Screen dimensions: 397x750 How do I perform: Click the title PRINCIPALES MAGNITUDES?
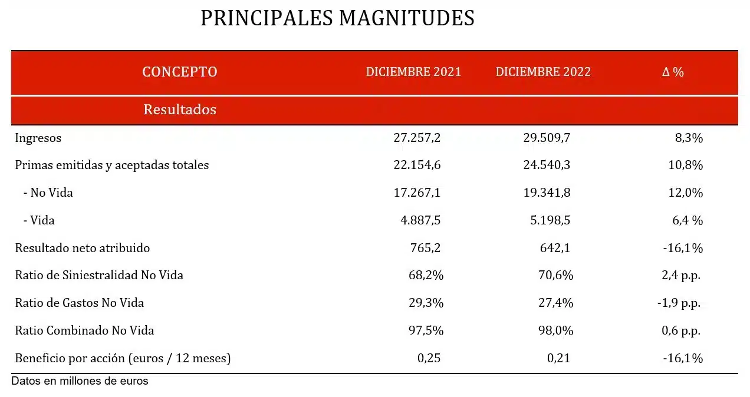337,18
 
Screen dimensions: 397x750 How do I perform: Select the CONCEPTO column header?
180,72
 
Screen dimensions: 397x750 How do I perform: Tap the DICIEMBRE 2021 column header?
413,72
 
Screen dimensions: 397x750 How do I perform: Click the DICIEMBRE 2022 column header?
543,72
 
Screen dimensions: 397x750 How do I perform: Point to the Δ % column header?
673,72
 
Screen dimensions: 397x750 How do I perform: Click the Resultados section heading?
180,110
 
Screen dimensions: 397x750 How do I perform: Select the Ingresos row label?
38,138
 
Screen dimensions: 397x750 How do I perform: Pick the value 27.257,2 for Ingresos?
417,138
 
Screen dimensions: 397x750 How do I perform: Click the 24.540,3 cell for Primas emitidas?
547,166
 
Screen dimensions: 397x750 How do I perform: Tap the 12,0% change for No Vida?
685,193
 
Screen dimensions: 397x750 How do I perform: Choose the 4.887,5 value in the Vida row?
420,220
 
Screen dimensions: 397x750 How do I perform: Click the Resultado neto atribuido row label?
83,248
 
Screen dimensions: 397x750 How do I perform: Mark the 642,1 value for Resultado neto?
555,248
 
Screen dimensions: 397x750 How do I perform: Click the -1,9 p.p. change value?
679,303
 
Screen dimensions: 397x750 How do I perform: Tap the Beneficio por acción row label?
123,358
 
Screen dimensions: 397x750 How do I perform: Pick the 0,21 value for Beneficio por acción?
558,358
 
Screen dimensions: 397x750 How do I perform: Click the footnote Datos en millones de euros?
80,381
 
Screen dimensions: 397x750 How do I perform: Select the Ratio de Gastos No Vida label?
80,303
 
